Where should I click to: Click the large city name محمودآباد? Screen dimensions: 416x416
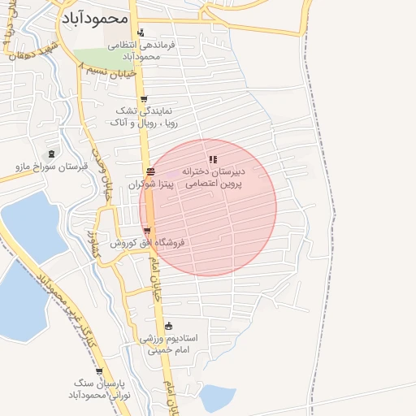(x=94, y=17)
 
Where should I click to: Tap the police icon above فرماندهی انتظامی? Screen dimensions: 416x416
(x=142, y=33)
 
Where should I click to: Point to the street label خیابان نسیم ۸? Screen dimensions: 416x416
(x=109, y=71)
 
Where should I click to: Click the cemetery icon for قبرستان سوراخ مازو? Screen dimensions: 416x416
(x=52, y=154)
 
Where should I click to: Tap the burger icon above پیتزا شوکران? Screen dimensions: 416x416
(x=150, y=171)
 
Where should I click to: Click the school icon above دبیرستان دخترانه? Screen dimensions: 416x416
(x=213, y=159)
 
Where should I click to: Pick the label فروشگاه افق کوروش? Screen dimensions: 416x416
(x=148, y=243)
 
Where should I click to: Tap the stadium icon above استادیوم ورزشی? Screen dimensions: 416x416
(x=168, y=326)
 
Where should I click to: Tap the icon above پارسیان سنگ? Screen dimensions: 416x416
(x=99, y=371)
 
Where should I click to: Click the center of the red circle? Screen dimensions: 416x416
(x=208, y=207)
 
